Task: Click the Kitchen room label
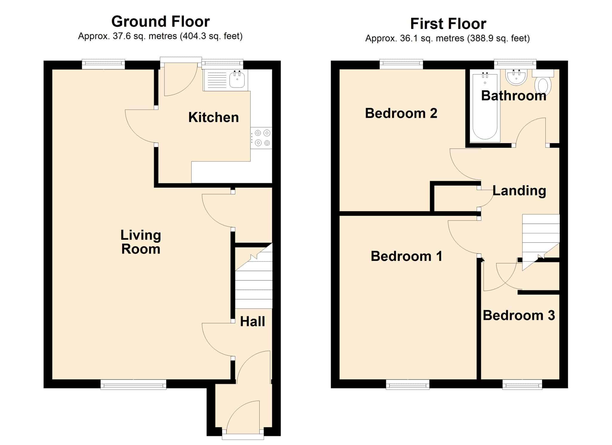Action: click(213, 117)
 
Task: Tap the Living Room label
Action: click(141, 242)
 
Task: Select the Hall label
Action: click(253, 322)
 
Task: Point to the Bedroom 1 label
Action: click(406, 256)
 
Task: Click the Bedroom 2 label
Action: click(401, 113)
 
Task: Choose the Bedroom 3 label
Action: click(519, 315)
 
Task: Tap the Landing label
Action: click(519, 191)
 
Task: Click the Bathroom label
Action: click(514, 96)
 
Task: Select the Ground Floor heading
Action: click(160, 22)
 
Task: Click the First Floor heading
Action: click(448, 24)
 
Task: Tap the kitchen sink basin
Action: click(237, 80)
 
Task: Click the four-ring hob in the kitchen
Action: click(261, 138)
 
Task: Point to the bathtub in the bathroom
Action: click(485, 106)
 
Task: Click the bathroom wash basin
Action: click(516, 77)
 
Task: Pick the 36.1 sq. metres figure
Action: click(432, 38)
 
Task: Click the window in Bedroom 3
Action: click(522, 384)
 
